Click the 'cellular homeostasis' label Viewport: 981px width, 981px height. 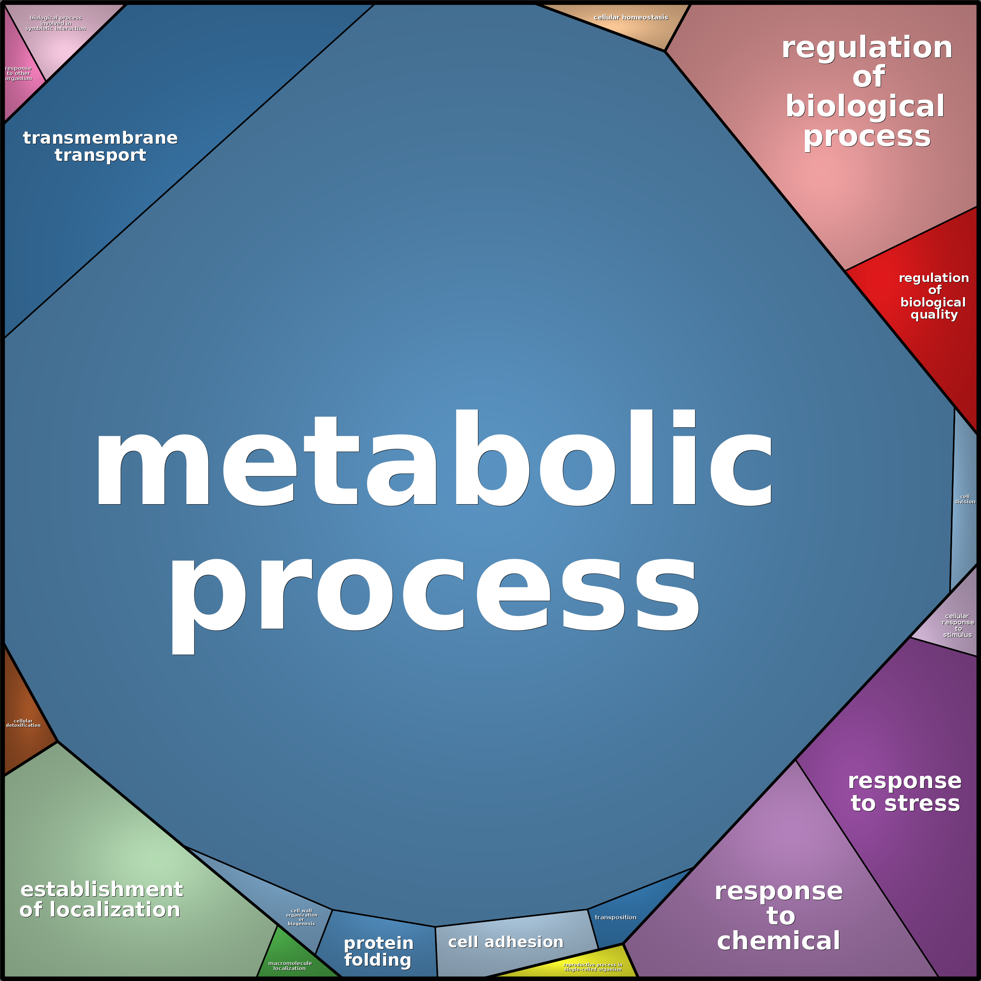(631, 17)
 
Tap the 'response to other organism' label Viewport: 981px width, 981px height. (18, 73)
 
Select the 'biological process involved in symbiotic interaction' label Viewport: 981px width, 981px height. (56, 23)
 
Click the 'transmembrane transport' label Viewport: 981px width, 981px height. (100, 146)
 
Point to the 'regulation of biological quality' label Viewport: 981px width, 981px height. (934, 296)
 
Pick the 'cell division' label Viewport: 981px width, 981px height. (965, 499)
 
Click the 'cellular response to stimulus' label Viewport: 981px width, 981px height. (958, 625)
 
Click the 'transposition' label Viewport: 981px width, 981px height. (615, 917)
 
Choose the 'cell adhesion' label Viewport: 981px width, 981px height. (506, 942)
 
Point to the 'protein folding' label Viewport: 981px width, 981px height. (378, 952)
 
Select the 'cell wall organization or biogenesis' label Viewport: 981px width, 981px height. (301, 917)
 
